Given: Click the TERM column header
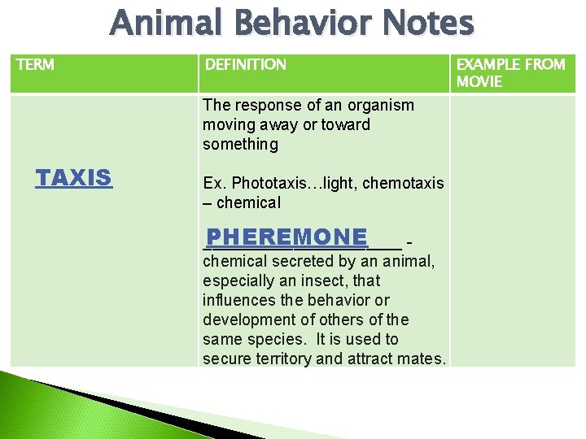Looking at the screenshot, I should (35, 64).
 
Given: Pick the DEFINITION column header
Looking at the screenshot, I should (245, 64).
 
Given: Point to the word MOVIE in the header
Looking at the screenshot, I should (479, 81).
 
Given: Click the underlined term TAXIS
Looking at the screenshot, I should (73, 178).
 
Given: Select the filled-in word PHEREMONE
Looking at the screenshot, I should (286, 237).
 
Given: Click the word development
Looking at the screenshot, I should (247, 319).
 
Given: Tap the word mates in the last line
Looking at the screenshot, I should (425, 359).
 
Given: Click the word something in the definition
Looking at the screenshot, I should (240, 144).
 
